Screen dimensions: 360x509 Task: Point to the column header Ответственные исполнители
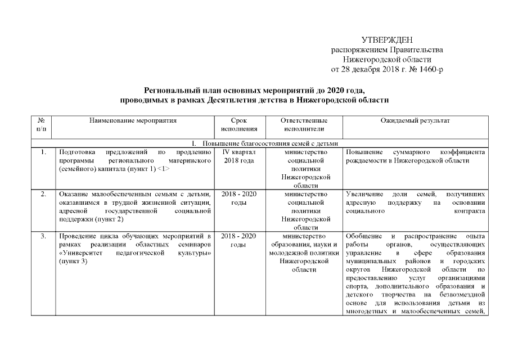(x=304, y=124)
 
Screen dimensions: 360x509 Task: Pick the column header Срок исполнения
(x=239, y=124)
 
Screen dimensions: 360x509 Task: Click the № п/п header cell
(x=42, y=124)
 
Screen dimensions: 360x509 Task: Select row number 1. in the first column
(x=43, y=152)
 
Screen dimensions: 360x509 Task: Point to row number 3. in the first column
(x=43, y=236)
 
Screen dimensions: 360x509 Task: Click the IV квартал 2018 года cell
(x=239, y=156)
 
